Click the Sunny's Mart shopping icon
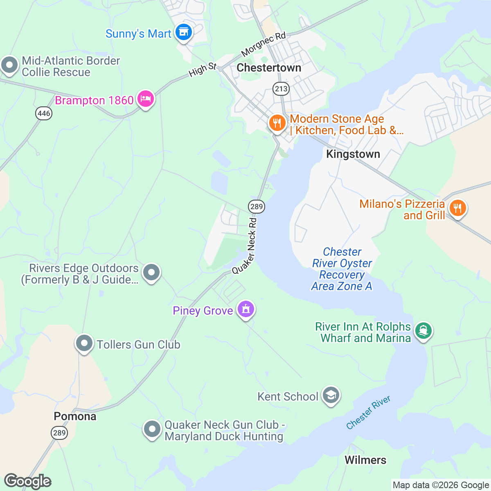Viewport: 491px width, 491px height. point(183,32)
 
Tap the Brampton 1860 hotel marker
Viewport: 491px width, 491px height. point(146,99)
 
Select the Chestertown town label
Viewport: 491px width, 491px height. point(269,68)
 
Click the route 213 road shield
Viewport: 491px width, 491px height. point(281,88)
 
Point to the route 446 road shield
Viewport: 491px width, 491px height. point(44,113)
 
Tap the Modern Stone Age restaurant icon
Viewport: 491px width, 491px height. point(277,123)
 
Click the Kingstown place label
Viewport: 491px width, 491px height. point(353,154)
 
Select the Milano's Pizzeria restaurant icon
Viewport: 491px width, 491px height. point(457,208)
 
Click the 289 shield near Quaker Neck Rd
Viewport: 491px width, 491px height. point(257,206)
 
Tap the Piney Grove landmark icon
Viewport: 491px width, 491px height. point(245,309)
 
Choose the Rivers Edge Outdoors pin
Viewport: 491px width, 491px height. point(151,272)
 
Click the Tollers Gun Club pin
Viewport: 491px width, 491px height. point(84,343)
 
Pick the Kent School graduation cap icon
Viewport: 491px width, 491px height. point(331,395)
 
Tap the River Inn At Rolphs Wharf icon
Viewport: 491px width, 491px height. point(423,330)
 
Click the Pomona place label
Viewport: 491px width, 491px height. point(75,417)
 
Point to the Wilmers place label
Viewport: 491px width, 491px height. point(365,460)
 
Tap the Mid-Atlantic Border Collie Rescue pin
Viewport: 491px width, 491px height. point(9,65)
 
